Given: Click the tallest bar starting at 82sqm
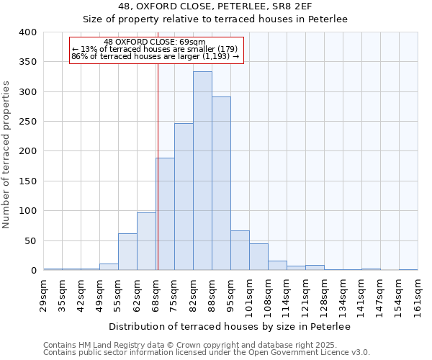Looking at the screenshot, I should tap(202, 171).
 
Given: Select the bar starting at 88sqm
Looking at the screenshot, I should tap(221, 184).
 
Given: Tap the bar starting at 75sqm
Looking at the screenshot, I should tap(184, 197).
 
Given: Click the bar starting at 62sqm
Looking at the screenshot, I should tap(146, 241).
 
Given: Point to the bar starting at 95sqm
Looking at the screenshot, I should tap(240, 251).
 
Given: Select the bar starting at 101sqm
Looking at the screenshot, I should tap(258, 257).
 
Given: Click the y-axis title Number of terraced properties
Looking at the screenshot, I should tap(7, 154).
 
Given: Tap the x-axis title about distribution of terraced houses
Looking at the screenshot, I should tap(229, 327).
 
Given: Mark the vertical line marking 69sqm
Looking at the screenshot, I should tap(157, 166).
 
